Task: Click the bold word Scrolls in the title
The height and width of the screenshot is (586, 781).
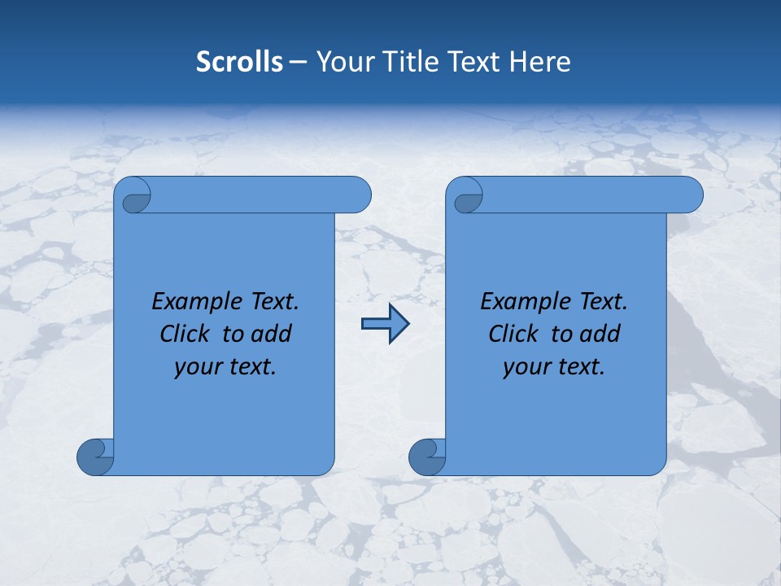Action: click(240, 62)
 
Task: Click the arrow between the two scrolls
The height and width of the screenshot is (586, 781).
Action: click(385, 324)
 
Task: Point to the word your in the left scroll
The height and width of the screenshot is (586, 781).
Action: click(196, 367)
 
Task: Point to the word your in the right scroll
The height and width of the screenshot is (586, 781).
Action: click(525, 367)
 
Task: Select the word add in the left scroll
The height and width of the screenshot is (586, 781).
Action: click(272, 334)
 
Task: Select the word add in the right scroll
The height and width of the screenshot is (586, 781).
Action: click(600, 334)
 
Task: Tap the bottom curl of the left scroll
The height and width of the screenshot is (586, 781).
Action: click(95, 457)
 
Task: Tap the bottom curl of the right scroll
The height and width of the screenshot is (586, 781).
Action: click(427, 457)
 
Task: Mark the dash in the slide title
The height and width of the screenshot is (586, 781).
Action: click(298, 62)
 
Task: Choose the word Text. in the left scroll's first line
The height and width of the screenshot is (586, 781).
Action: click(272, 301)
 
